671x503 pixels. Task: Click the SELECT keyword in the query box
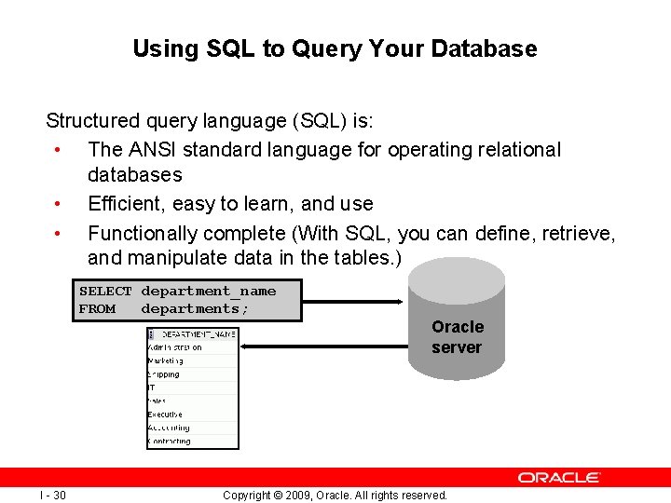pyautogui.click(x=105, y=292)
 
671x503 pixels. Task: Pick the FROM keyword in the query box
pyautogui.click(x=98, y=309)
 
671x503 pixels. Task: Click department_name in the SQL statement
pyautogui.click(x=209, y=292)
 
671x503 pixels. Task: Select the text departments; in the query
pyautogui.click(x=197, y=309)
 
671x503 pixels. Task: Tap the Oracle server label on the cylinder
pyautogui.click(x=457, y=337)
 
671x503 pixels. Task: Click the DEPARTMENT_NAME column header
pyautogui.click(x=199, y=333)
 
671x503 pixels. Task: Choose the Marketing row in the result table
pyautogui.click(x=166, y=360)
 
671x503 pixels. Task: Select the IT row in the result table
pyautogui.click(x=152, y=387)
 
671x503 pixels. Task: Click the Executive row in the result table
pyautogui.click(x=166, y=415)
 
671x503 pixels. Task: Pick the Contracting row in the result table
pyautogui.click(x=170, y=442)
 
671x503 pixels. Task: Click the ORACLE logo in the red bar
pyautogui.click(x=559, y=477)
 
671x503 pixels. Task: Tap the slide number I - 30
pyautogui.click(x=52, y=495)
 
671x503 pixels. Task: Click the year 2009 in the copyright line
pyautogui.click(x=298, y=496)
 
